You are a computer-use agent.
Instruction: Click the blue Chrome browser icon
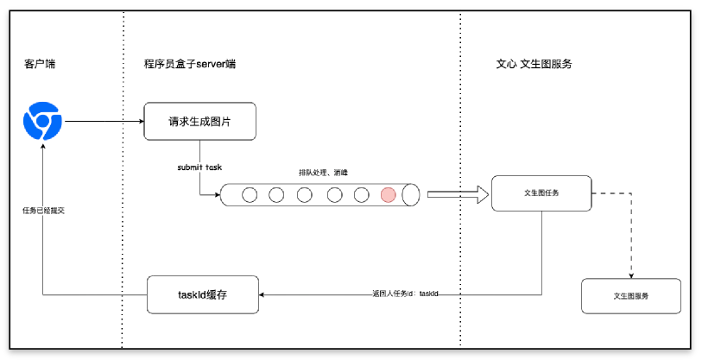point(42,121)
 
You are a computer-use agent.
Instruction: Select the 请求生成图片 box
point(200,122)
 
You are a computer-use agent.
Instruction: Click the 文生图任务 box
point(541,193)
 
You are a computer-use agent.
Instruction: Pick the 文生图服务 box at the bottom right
point(631,296)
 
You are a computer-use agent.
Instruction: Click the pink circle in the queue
point(389,194)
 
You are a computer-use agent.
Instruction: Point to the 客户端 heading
point(37,65)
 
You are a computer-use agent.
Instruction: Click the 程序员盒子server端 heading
point(190,65)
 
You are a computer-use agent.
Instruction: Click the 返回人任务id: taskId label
point(406,294)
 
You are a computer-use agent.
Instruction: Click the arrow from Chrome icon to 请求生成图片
point(104,121)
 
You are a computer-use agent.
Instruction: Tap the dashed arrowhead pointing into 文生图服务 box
point(631,275)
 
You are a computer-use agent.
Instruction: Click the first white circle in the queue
point(249,194)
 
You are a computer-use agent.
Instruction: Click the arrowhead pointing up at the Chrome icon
point(42,146)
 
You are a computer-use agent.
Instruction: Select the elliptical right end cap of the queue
point(411,194)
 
